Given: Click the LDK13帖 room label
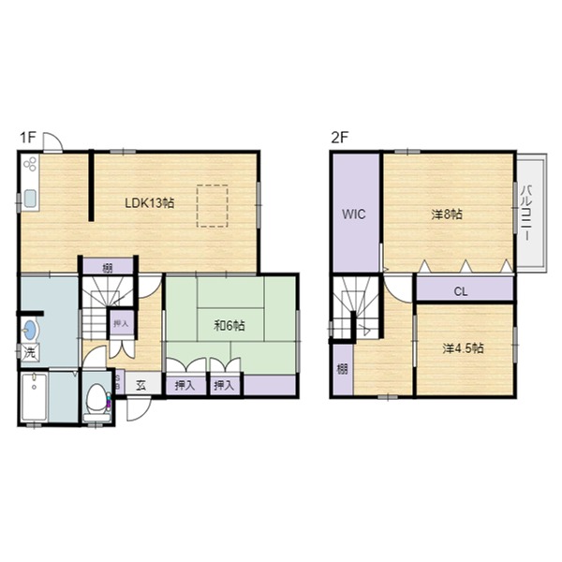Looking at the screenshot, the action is [x=150, y=203].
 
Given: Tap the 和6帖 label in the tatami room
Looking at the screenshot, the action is [x=229, y=325].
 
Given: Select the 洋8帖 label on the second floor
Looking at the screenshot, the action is [x=447, y=214].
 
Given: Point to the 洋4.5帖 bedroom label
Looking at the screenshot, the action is [x=463, y=348].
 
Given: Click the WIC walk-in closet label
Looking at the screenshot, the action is [x=354, y=214].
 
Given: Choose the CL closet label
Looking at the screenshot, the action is [x=461, y=291].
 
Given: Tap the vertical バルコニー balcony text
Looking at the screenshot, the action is [x=526, y=213].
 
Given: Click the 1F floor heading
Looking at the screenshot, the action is [x=28, y=138].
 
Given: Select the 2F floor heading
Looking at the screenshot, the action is [x=340, y=138].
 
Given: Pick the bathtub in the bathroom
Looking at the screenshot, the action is [x=34, y=397].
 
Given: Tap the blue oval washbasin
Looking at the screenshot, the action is [x=30, y=330].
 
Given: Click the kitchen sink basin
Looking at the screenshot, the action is [x=30, y=199].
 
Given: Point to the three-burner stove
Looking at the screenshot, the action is [x=30, y=164].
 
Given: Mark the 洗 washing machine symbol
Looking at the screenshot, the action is [x=30, y=353].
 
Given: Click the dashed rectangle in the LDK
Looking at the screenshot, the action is [x=213, y=206].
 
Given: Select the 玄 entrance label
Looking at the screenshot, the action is [x=141, y=385].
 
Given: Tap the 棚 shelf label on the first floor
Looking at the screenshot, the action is [x=108, y=268].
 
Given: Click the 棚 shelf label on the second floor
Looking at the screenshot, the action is [x=342, y=369].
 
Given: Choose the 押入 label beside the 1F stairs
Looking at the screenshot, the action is [x=121, y=323].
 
